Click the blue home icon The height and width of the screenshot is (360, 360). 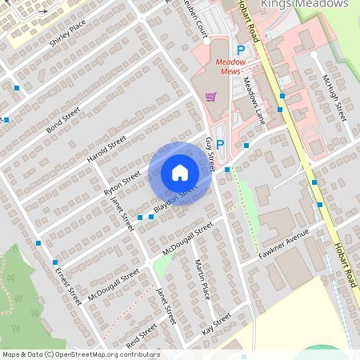click(x=180, y=173)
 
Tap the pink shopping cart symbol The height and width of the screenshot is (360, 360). click(x=210, y=97)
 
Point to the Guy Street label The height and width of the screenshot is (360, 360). click(x=210, y=153)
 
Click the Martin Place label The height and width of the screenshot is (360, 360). click(x=202, y=278)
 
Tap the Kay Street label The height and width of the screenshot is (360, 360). click(x=216, y=323)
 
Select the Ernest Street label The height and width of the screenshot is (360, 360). click(x=69, y=285)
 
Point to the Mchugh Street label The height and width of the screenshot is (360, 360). click(x=332, y=97)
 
